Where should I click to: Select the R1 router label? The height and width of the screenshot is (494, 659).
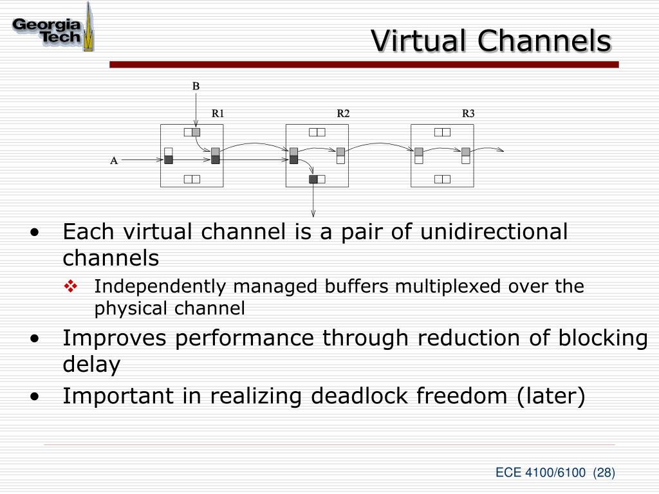coord(218,113)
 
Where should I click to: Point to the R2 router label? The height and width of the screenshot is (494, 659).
coord(343,113)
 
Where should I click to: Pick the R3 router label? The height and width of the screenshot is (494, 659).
coord(468,113)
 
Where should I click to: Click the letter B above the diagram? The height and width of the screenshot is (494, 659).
coord(196,86)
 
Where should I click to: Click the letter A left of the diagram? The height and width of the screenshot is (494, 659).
coord(114,161)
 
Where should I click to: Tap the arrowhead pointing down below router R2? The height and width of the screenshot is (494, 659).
coord(313,213)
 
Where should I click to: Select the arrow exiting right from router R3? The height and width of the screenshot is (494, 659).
coord(492,149)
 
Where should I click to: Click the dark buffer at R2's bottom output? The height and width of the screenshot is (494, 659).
coord(313,179)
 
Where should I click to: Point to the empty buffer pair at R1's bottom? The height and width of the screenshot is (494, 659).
coord(192,179)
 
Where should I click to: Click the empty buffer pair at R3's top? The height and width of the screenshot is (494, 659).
coord(442,133)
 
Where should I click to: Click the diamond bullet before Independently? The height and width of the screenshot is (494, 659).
coord(71,286)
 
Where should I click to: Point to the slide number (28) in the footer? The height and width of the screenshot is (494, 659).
coord(604,473)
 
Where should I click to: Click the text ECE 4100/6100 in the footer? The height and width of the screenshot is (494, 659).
coord(540,473)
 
